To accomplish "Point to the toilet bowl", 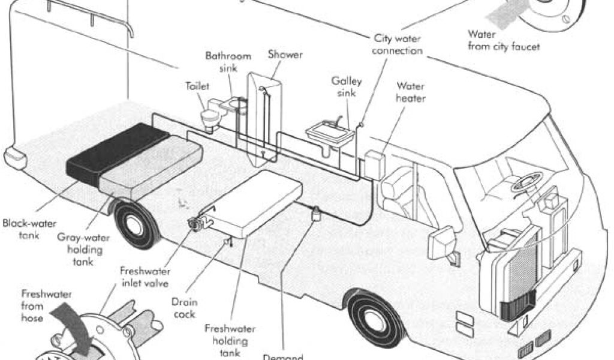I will point(210,118).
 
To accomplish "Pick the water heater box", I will point(375,164).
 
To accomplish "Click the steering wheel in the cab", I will point(526,180).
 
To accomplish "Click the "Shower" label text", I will point(285,55).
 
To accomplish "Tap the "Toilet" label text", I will point(197,86).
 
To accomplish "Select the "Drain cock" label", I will point(184,308).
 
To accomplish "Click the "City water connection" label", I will point(397,44).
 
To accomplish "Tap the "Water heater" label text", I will point(410,92).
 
